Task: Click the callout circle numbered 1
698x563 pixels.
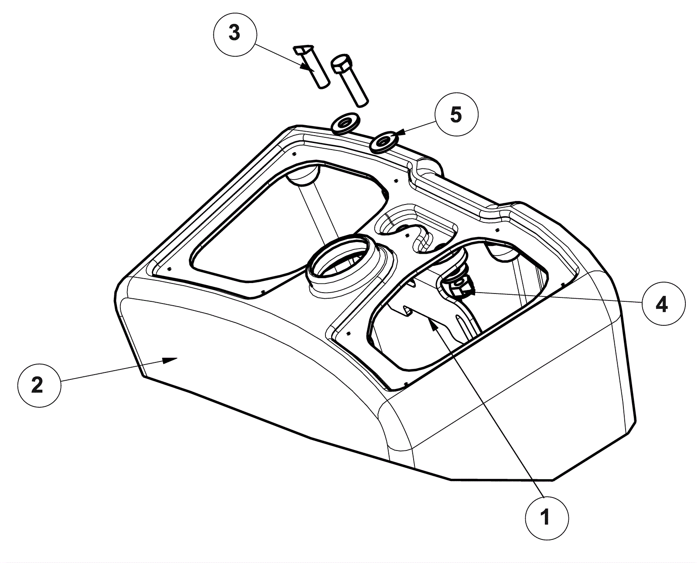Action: coord(547,518)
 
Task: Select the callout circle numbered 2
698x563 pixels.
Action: coord(39,386)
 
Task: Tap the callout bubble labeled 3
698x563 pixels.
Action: coord(235,34)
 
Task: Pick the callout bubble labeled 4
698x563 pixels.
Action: coord(664,304)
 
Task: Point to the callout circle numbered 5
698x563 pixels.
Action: coord(456,115)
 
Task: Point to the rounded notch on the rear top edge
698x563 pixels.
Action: coord(428,167)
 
